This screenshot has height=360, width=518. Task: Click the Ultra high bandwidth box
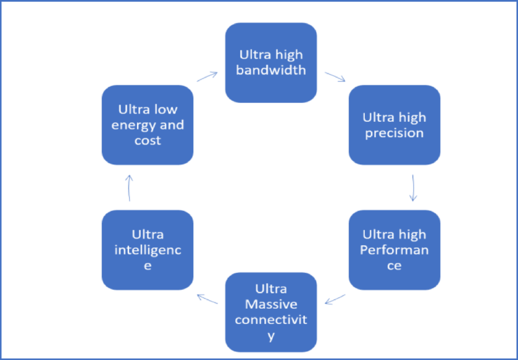point(271,63)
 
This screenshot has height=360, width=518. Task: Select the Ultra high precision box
point(394,125)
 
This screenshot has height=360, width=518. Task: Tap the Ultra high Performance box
point(394,250)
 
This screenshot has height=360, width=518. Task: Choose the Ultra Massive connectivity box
point(271,312)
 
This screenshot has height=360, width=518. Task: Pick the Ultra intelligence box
point(147,250)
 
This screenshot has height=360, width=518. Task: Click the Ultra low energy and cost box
point(147,125)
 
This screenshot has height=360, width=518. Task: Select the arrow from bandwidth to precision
point(335,77)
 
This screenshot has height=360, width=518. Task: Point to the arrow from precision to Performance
point(413,187)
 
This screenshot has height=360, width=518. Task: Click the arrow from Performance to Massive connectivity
point(335,299)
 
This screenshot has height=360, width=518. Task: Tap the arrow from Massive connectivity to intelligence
point(207,299)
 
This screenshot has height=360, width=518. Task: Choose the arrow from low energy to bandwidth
point(207,76)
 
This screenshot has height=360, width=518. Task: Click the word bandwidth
point(271,70)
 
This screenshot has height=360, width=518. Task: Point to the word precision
point(394,133)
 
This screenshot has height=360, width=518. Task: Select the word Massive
point(271,304)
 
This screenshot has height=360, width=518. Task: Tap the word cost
point(148,141)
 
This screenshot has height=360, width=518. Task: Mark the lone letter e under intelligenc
point(148,266)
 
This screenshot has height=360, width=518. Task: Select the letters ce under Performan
point(394,266)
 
